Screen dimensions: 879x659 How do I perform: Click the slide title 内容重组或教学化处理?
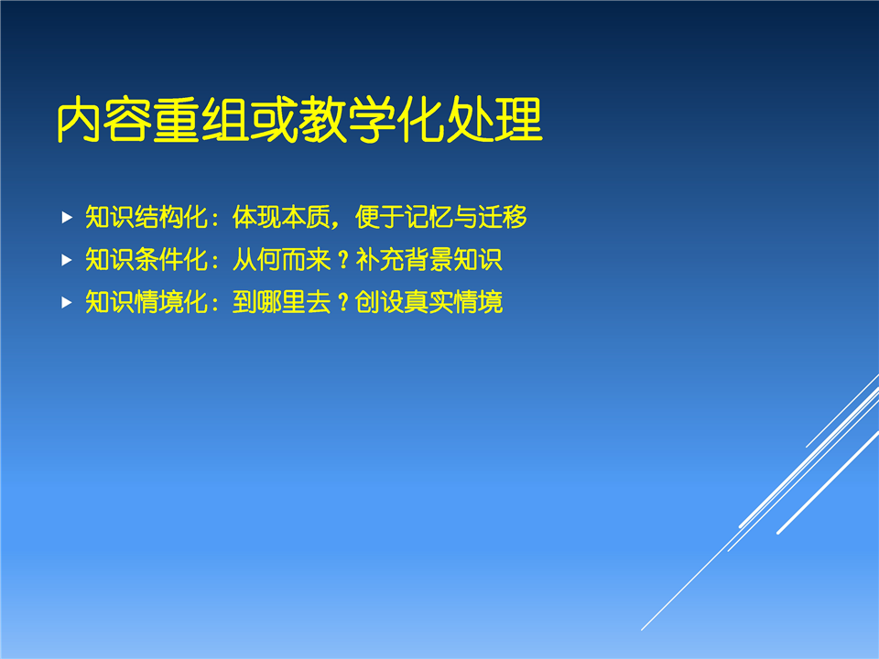[300, 119]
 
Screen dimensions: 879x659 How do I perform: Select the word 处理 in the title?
[494, 119]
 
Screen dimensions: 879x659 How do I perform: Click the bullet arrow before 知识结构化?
[67, 218]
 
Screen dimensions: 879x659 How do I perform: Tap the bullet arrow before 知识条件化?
[67, 260]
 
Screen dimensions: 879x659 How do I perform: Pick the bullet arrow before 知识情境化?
[67, 303]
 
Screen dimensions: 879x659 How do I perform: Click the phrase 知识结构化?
[146, 217]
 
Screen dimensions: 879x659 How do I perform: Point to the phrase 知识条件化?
[146, 259]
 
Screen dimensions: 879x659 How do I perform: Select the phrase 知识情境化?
[146, 302]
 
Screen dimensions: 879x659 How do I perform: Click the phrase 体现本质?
[281, 217]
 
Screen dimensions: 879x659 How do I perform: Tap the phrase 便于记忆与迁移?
[441, 217]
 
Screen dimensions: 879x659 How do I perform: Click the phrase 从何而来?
[281, 259]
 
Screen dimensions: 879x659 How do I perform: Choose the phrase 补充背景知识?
[429, 259]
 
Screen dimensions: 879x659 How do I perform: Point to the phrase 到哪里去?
[281, 302]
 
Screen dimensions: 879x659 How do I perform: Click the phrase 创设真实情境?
[429, 302]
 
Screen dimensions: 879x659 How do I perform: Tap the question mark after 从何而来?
[343, 260]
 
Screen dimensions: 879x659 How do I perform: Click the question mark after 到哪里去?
[343, 303]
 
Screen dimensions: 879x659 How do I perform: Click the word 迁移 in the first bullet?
[503, 217]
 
